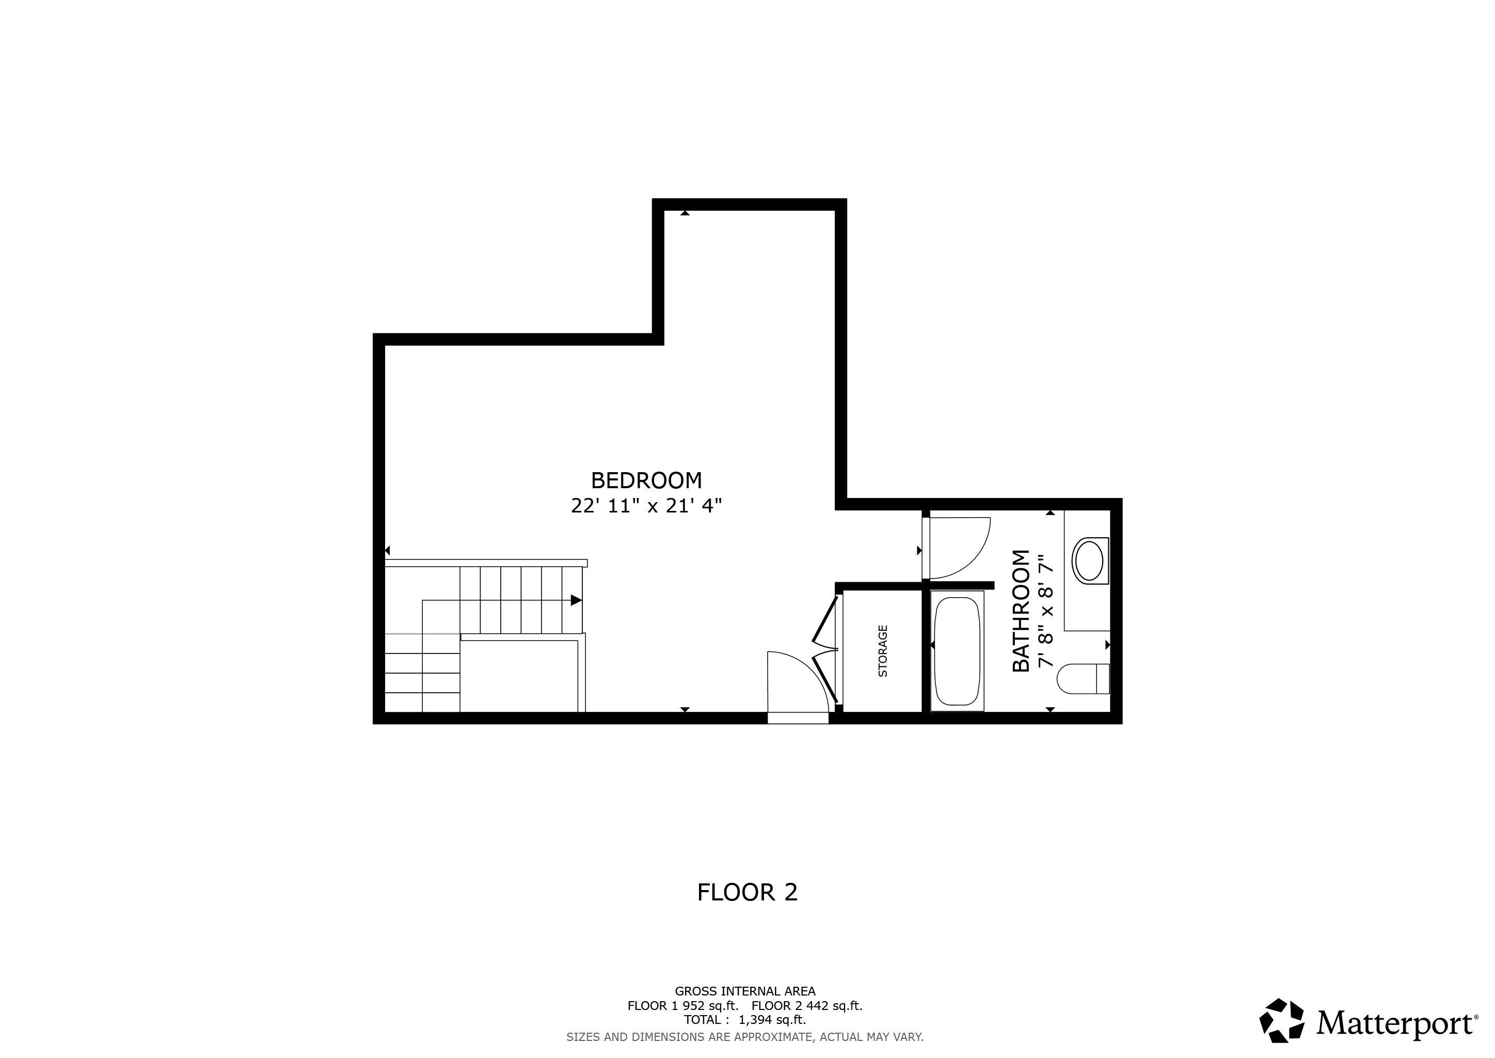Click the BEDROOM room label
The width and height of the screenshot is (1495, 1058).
click(646, 481)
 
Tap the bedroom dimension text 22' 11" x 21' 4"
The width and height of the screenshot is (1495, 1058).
click(646, 506)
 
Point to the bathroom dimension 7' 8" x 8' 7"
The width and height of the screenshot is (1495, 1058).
click(1045, 611)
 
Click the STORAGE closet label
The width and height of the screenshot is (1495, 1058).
click(883, 651)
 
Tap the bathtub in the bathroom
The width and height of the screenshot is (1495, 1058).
click(957, 651)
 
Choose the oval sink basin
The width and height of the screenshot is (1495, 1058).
click(1088, 559)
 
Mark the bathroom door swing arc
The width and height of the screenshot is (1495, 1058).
click(964, 547)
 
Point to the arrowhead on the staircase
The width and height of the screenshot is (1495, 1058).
click(576, 600)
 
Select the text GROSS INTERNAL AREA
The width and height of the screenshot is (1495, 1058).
click(745, 991)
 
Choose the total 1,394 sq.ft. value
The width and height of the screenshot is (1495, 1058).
click(772, 1020)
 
